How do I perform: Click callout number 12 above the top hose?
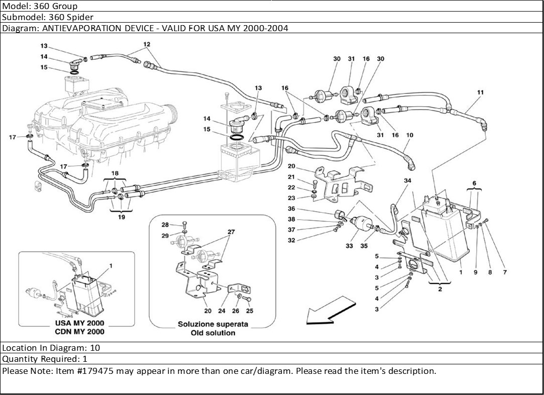coord(147,44)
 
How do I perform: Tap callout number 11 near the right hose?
coord(481,92)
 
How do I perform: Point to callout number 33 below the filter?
coord(350,246)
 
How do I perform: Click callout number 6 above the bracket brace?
coord(474,183)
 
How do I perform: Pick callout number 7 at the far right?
coord(505,272)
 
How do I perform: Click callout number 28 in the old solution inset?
coord(165,224)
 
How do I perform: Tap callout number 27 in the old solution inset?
coord(231,232)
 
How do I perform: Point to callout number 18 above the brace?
coord(116,173)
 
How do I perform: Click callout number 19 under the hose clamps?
coord(122,217)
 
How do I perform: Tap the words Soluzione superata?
coord(213,324)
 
